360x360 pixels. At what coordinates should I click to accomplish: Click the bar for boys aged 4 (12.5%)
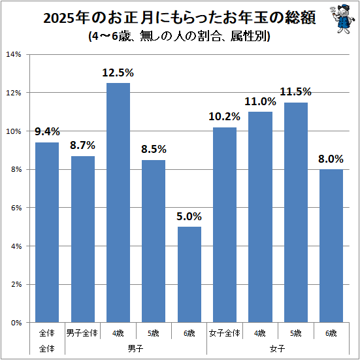tap(118, 203)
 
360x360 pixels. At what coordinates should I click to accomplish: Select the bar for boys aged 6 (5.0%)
tap(189, 274)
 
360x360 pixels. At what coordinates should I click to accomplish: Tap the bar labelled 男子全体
tap(83, 239)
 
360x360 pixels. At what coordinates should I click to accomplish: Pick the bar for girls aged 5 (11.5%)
tap(296, 212)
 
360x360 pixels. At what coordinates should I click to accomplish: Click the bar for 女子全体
tap(225, 225)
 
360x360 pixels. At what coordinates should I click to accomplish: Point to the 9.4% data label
tap(47, 131)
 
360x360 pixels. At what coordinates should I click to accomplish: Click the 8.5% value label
tap(154, 149)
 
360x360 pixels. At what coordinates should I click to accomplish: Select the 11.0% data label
tap(260, 101)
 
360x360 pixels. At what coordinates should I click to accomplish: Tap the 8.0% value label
tap(331, 159)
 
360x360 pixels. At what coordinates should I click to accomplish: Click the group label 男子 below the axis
tap(135, 349)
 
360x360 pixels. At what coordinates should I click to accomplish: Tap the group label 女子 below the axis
tap(277, 349)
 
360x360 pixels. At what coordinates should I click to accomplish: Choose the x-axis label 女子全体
tap(225, 333)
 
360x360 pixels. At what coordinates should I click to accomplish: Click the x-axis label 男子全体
tap(82, 333)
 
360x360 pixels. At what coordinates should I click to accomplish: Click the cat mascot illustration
tap(342, 19)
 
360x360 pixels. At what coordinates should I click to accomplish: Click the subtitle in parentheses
tap(179, 36)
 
